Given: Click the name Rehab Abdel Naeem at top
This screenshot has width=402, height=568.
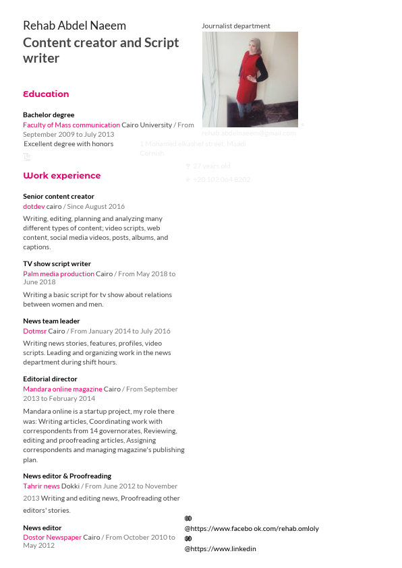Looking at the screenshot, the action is (x=74, y=26).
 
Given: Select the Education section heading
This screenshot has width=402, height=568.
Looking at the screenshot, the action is (x=46, y=94).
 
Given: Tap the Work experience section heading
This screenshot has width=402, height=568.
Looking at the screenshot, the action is (x=61, y=176).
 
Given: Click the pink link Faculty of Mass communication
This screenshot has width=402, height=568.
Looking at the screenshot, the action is (x=71, y=125).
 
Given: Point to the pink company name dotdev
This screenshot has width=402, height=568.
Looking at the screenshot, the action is (x=34, y=207).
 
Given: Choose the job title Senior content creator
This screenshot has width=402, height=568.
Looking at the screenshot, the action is (x=59, y=197).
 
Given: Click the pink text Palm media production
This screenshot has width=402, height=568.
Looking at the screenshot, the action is (x=59, y=274).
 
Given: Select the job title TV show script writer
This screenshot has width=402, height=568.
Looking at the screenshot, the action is (x=57, y=264).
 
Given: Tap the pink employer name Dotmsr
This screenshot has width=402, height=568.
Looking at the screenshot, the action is (x=34, y=332).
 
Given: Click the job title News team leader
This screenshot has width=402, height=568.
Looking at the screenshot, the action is (x=51, y=321).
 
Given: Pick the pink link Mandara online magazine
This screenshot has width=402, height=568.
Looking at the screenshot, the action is (x=63, y=389).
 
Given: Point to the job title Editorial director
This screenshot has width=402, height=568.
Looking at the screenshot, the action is (x=50, y=379).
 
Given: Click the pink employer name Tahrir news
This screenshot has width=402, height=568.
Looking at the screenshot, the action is (x=41, y=486).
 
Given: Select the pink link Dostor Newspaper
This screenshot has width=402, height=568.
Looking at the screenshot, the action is (x=52, y=538).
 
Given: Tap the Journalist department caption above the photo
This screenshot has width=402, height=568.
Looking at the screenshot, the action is (x=235, y=26).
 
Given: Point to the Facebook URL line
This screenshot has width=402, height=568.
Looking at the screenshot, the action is (x=252, y=529).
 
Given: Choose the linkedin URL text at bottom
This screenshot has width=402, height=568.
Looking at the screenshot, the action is (x=221, y=549).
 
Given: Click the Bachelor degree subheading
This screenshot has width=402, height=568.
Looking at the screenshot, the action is (x=49, y=115).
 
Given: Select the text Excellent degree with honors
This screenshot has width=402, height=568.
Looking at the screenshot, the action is (x=69, y=144).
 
